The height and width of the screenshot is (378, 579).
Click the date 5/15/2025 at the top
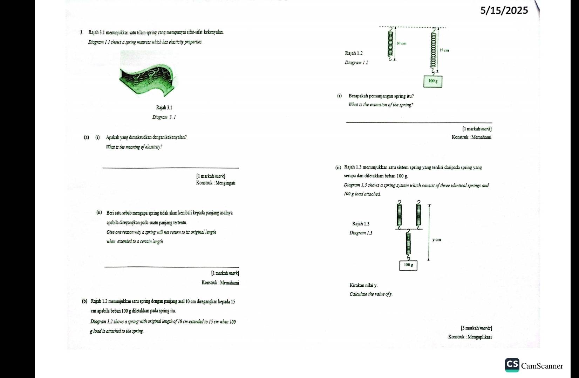504,11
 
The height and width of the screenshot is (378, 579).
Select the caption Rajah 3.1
164,107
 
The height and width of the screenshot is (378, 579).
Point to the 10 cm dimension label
402,44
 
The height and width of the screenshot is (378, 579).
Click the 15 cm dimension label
444,50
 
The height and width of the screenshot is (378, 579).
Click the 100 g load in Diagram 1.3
408,265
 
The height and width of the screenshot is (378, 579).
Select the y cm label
436,240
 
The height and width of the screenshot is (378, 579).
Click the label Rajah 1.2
354,53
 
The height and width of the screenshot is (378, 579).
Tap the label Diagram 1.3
361,233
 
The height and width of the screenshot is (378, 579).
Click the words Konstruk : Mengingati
216,183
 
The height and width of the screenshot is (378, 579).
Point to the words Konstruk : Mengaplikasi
470,337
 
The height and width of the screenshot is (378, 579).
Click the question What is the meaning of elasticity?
134,147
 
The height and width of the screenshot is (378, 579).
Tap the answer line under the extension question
419,122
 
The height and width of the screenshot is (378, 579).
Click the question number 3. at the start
81,33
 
